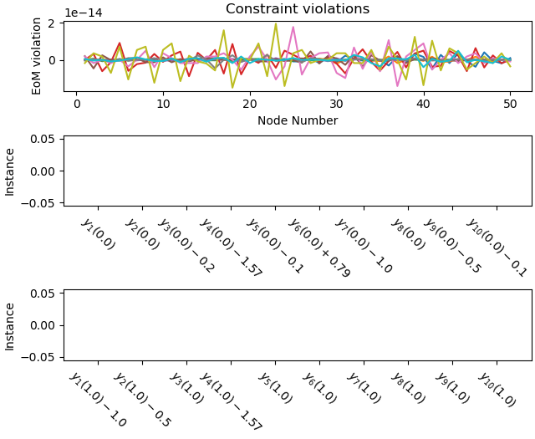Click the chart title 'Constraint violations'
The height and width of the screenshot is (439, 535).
(x=297, y=9)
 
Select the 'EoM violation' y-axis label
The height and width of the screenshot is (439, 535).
(x=37, y=56)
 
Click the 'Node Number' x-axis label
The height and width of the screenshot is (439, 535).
(x=297, y=120)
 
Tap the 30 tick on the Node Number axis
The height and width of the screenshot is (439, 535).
(x=336, y=104)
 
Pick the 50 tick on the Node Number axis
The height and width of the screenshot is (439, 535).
(x=509, y=104)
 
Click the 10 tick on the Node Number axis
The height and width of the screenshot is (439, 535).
(x=163, y=104)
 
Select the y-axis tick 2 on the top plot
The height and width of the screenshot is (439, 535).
(x=52, y=23)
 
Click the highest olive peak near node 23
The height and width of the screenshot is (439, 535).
(x=276, y=23)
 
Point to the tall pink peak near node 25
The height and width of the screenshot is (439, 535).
(x=293, y=28)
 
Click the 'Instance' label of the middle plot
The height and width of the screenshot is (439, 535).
(x=10, y=171)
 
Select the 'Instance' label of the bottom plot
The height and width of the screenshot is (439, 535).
(x=10, y=325)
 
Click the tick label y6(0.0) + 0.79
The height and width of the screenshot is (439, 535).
(x=319, y=248)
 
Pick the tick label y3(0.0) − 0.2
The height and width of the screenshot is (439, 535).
(x=186, y=244)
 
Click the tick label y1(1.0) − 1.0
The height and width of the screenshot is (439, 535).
(x=98, y=400)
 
